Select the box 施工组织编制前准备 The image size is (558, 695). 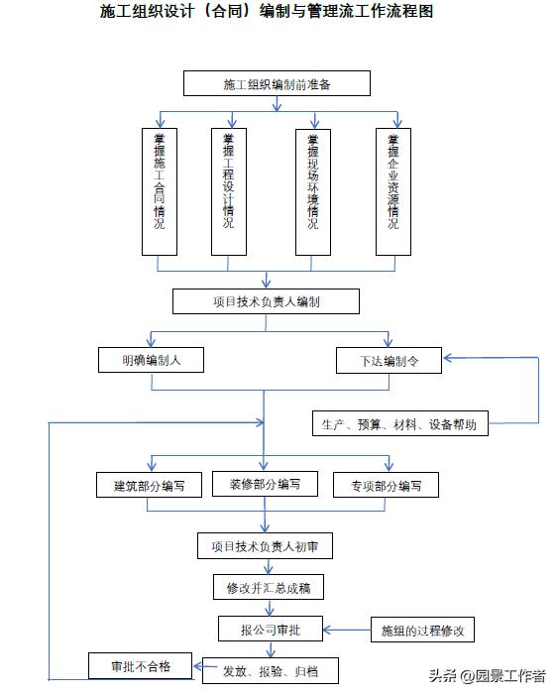coord(277,84)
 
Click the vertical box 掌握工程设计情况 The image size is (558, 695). coord(228,190)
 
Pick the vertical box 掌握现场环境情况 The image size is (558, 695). coord(312,190)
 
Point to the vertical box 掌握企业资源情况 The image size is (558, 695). coord(392,190)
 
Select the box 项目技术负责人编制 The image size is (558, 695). coord(266,301)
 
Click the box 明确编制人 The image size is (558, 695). coord(152,360)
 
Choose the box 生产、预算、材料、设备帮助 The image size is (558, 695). coord(399,424)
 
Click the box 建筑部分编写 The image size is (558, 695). coord(150,486)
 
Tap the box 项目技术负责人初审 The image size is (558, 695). coord(265,545)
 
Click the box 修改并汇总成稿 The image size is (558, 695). coord(268,588)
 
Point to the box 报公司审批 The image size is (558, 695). coord(266,630)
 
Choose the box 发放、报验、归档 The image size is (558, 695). coord(270,671)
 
